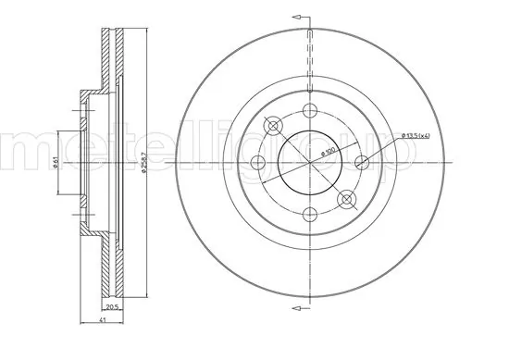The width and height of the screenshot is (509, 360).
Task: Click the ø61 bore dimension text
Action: tap(57, 162)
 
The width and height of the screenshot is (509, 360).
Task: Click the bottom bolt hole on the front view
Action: tap(309, 216)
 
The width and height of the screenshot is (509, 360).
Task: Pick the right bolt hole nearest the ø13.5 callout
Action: tap(362, 164)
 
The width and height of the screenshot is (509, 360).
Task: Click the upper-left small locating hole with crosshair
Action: tap(272, 127)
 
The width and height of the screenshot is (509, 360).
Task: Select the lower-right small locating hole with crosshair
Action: tap(347, 200)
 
